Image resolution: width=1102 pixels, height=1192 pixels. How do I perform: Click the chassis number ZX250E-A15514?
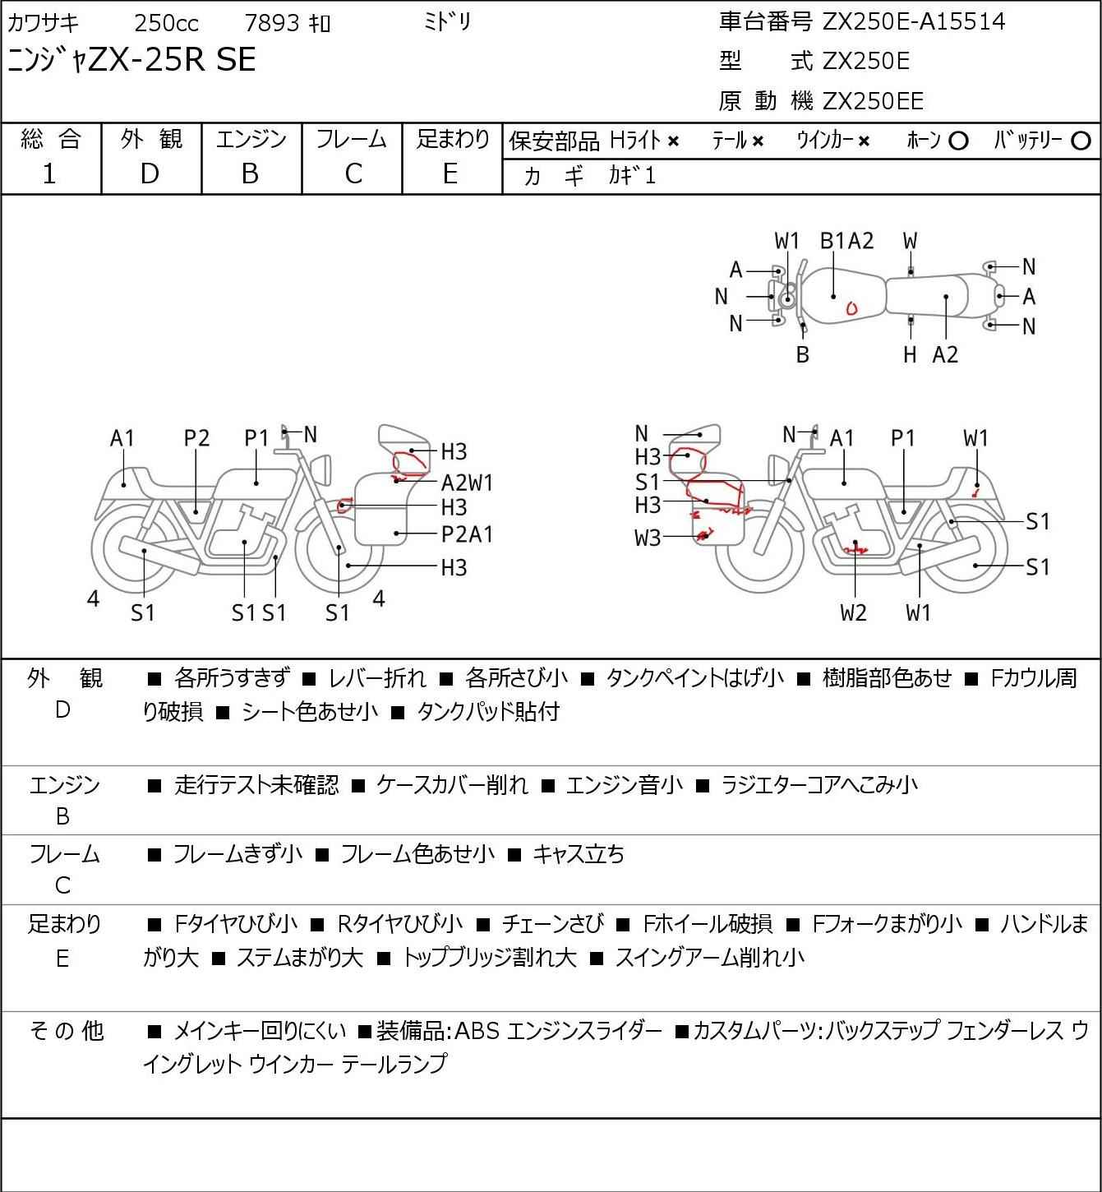pyautogui.click(x=914, y=21)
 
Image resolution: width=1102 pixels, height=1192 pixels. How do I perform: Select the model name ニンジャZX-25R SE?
pyautogui.click(x=131, y=60)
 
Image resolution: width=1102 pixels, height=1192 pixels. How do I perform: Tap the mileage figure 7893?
pyautogui.click(x=272, y=23)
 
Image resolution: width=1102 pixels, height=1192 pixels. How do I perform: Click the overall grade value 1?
pyautogui.click(x=49, y=174)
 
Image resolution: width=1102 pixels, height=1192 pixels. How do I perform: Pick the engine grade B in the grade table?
pyautogui.click(x=250, y=174)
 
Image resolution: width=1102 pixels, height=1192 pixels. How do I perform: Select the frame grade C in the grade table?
pyautogui.click(x=353, y=174)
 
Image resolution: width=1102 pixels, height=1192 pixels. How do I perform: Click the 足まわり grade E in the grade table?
pyautogui.click(x=450, y=174)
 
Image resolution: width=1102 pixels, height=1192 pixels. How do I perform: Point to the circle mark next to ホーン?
pyautogui.click(x=958, y=141)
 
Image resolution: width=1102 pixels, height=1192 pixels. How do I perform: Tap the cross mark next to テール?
pyautogui.click(x=758, y=141)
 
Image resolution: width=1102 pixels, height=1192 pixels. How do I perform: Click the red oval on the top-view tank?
pyautogui.click(x=851, y=308)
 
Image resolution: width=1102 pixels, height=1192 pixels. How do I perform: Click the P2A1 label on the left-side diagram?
pyautogui.click(x=467, y=534)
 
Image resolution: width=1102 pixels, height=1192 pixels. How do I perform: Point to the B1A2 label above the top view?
pyautogui.click(x=847, y=242)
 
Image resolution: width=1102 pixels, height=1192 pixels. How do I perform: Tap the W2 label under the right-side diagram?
pyautogui.click(x=854, y=613)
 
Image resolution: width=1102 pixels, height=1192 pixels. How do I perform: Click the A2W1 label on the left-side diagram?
pyautogui.click(x=467, y=483)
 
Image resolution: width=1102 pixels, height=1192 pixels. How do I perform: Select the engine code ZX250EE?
pyautogui.click(x=873, y=101)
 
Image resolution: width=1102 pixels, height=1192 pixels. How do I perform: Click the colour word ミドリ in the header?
pyautogui.click(x=447, y=23)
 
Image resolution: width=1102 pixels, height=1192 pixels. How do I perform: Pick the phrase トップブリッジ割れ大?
pyautogui.click(x=489, y=958)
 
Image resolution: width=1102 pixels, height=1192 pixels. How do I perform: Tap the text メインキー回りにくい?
pyautogui.click(x=260, y=1031)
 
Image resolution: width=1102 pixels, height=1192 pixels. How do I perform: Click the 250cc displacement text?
pyautogui.click(x=166, y=23)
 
